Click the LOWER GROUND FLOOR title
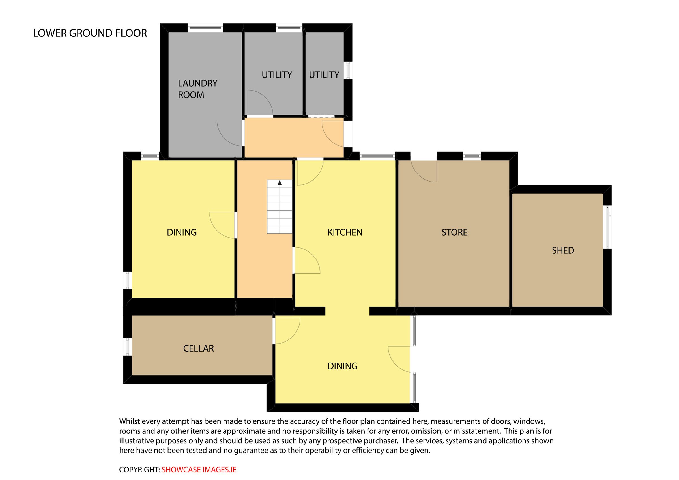90,33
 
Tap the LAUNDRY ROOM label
197,89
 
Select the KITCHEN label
345,232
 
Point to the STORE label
454,232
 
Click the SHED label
563,251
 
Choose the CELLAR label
198,348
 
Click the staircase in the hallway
279,207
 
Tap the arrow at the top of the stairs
280,183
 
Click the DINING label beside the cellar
342,366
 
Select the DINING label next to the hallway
182,232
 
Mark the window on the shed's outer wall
607,228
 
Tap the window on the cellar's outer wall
127,346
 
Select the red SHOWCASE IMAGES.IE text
199,470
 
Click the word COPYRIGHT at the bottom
139,470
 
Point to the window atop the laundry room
205,28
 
